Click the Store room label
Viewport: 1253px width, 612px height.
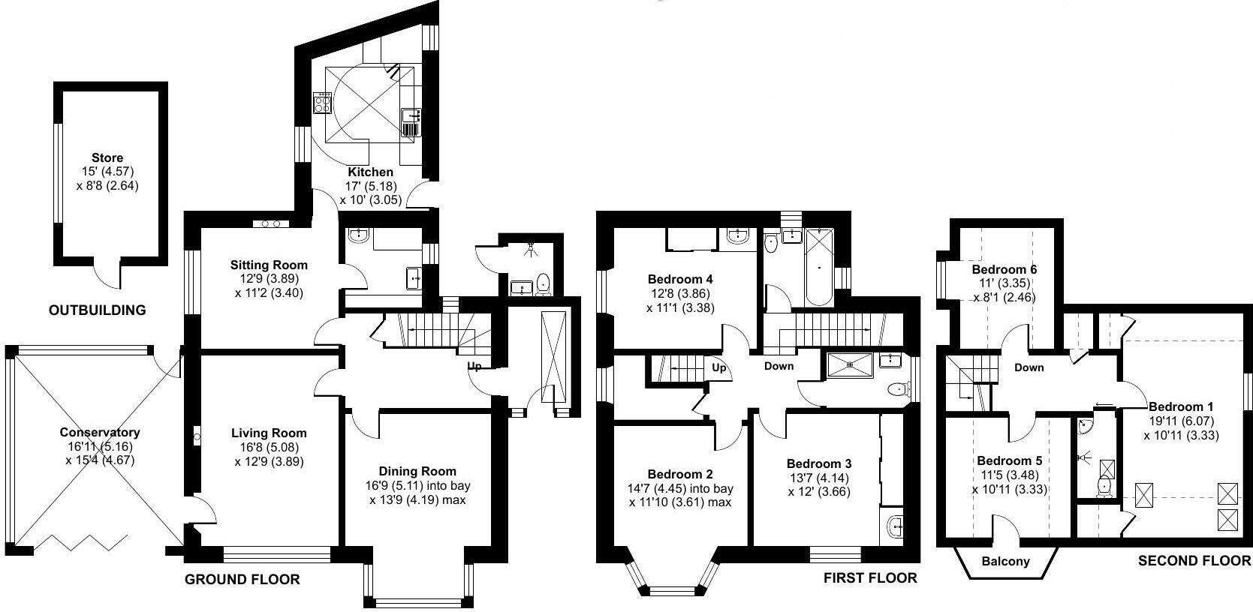[107, 157]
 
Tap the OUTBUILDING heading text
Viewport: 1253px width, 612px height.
[97, 310]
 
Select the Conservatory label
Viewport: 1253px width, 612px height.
[100, 433]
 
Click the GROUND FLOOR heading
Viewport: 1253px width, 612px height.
[242, 579]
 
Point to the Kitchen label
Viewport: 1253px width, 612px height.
[370, 172]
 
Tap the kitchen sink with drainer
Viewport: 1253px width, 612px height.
[410, 122]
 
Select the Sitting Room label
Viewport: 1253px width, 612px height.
[269, 265]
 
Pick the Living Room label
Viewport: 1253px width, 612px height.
[269, 433]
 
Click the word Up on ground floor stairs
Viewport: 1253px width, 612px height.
[474, 367]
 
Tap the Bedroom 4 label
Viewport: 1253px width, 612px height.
[680, 279]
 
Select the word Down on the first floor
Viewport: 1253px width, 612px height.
[779, 366]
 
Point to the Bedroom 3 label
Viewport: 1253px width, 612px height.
[819, 463]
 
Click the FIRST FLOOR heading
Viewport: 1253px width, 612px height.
[870, 577]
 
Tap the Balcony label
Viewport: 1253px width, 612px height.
[1006, 561]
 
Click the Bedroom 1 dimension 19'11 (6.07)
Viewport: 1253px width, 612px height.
[1181, 421]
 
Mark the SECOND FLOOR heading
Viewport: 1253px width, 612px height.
[1194, 560]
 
